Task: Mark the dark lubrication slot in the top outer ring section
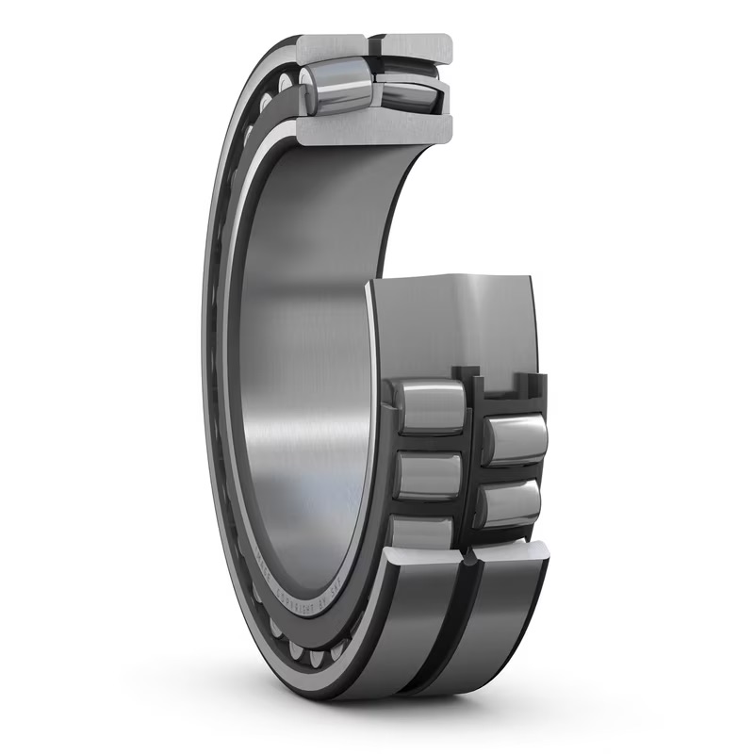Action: point(372,43)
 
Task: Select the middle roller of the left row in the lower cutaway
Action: point(429,476)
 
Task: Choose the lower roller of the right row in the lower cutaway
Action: point(509,504)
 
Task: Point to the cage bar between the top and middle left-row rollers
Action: point(429,443)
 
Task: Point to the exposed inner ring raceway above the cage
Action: point(452,320)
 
